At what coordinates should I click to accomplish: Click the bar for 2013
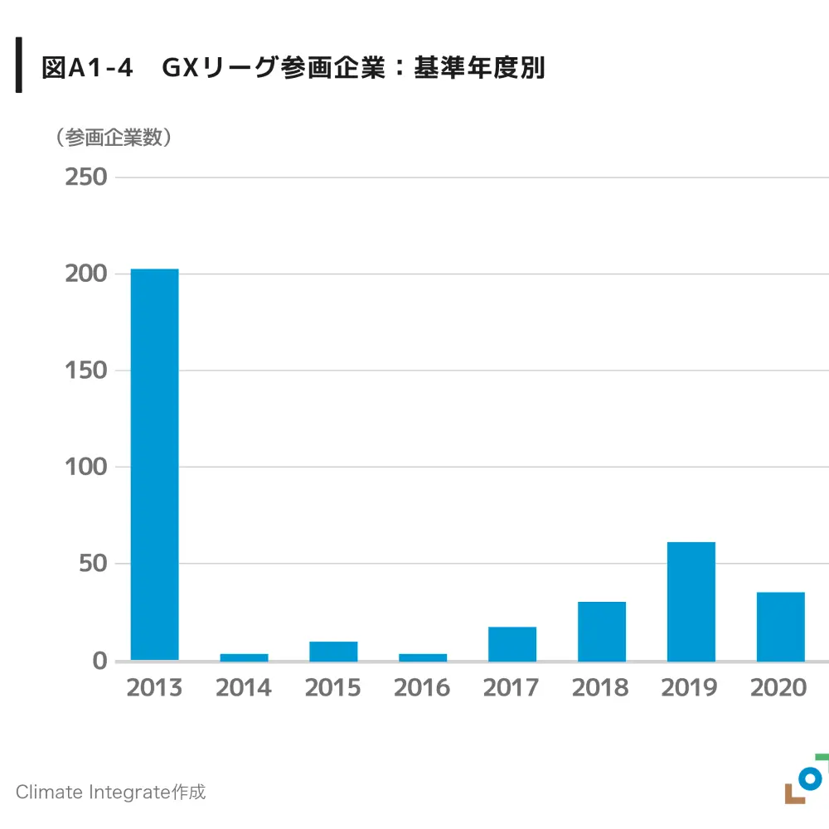pos(154,464)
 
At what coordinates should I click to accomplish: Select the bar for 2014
pos(244,657)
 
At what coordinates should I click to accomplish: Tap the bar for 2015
pos(333,651)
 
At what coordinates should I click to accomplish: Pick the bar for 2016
pos(423,657)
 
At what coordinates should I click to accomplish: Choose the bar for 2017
pos(512,643)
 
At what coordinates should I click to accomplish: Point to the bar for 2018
pos(602,631)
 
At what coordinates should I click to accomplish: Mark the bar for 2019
pos(691,601)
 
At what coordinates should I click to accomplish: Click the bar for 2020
pos(781,626)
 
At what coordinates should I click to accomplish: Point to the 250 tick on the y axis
pos(86,177)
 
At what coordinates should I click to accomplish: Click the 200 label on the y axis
pos(86,274)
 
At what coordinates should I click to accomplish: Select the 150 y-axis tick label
pos(86,371)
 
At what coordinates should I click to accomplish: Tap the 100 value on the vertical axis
pos(86,467)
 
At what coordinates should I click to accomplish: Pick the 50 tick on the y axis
pos(93,564)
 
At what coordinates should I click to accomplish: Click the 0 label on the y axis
pos(99,661)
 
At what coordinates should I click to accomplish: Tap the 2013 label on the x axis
pos(154,688)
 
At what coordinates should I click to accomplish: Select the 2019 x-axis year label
pos(690,688)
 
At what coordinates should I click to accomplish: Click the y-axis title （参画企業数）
pos(114,138)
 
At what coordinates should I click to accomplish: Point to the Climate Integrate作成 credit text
pos(110,792)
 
